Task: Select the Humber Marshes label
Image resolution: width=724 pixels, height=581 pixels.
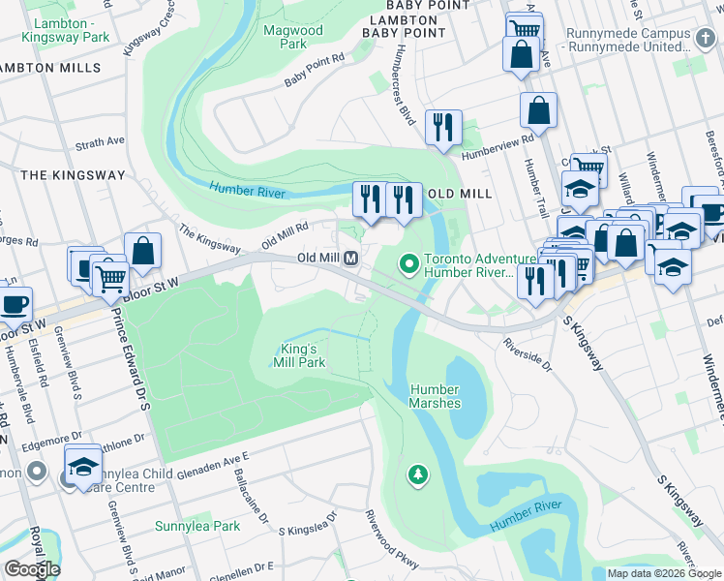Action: [x=434, y=396]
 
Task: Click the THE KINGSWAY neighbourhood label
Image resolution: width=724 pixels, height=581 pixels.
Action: [x=73, y=175]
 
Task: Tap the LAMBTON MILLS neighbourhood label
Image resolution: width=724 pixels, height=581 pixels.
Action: [x=50, y=69]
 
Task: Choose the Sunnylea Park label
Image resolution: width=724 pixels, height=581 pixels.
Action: [x=197, y=527]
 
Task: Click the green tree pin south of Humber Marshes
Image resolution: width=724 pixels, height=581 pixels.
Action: [x=417, y=474]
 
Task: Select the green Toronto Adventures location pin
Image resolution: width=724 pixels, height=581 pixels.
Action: [x=409, y=262]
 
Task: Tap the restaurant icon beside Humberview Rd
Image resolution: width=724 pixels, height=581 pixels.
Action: [x=443, y=127]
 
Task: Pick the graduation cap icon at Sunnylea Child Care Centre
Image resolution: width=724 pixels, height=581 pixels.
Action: [x=83, y=466]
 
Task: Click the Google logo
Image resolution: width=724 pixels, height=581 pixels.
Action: [x=31, y=569]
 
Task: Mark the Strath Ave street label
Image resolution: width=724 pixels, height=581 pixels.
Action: [x=101, y=142]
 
